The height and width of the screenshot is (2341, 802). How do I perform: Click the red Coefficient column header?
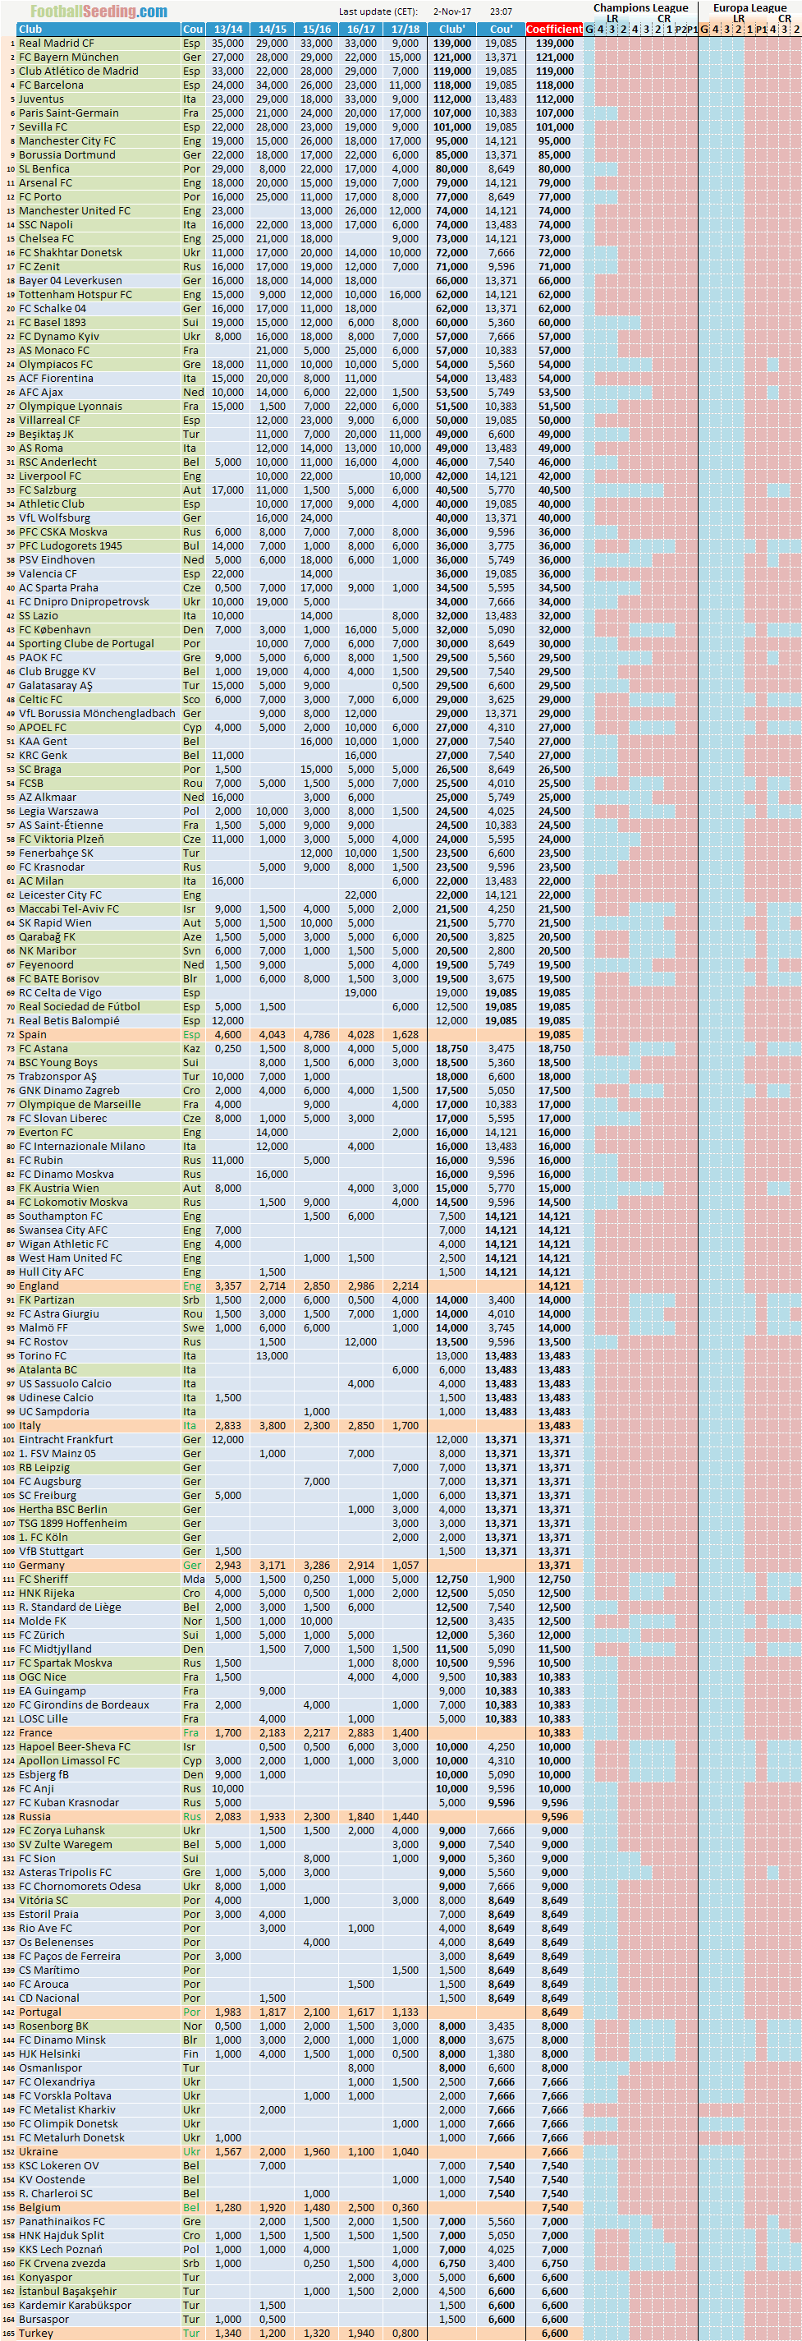[x=554, y=29]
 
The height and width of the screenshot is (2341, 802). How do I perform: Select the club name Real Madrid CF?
[x=57, y=43]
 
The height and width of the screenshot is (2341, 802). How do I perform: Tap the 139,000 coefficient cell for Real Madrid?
[x=554, y=43]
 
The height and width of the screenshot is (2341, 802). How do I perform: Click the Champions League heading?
[x=640, y=7]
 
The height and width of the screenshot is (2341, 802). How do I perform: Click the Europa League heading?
[x=749, y=7]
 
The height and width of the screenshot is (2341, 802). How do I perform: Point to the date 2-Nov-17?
[x=451, y=11]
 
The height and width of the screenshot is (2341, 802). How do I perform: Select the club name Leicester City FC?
[x=60, y=895]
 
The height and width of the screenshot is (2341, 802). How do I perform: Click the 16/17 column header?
[x=360, y=29]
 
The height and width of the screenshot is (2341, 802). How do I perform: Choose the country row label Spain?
[x=33, y=1034]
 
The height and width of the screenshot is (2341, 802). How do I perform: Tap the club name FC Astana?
[x=44, y=1049]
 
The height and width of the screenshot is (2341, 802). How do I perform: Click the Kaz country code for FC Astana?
[x=190, y=1049]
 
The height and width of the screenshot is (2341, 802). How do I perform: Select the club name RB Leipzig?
[x=44, y=1468]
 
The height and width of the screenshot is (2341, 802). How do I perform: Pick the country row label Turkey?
[x=36, y=2333]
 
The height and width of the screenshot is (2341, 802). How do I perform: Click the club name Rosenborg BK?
[x=53, y=2026]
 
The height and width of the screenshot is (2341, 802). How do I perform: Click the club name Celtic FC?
[x=41, y=699]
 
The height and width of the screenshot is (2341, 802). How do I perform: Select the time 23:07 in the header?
[x=501, y=11]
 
